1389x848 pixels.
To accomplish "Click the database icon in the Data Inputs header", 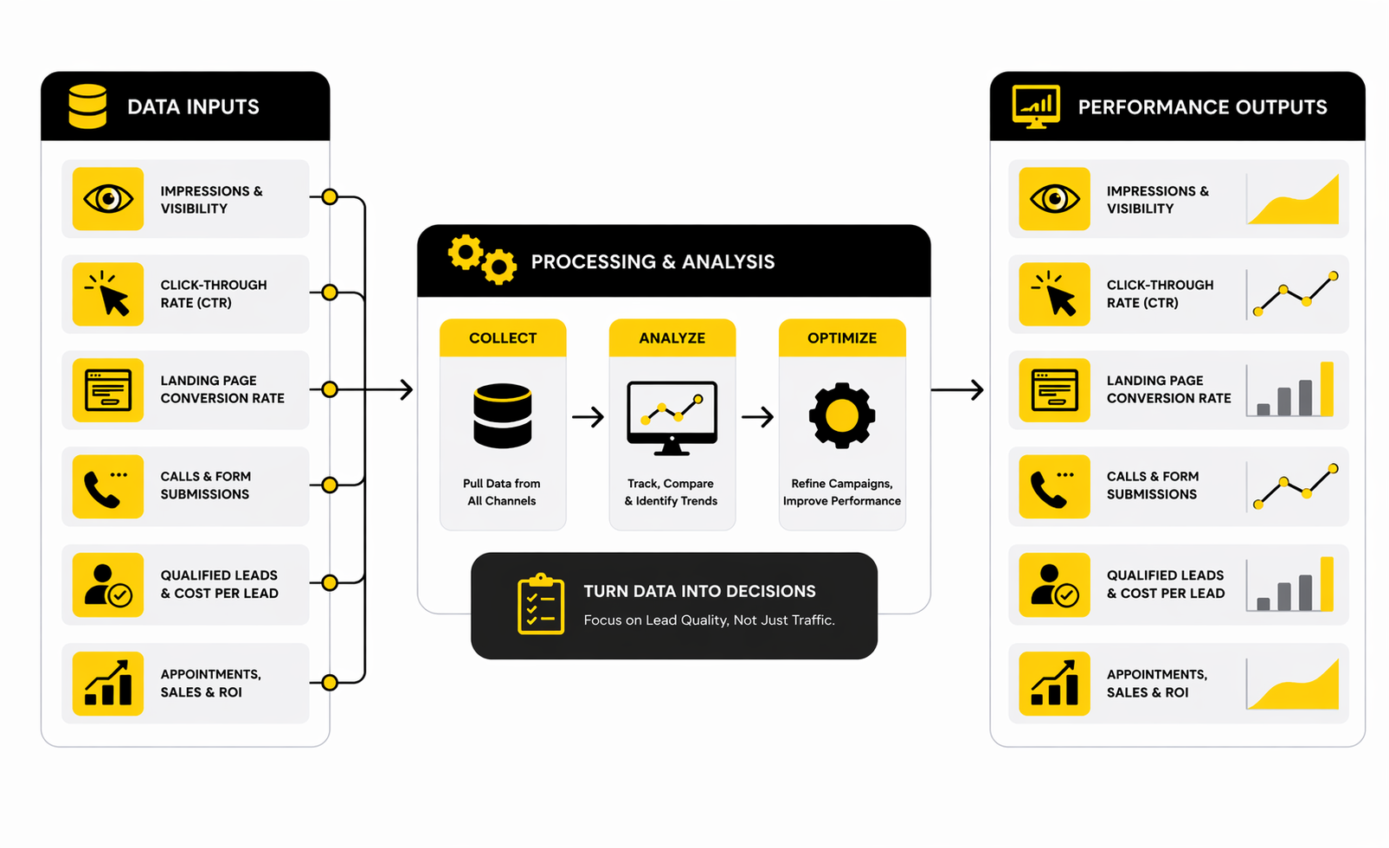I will (87, 106).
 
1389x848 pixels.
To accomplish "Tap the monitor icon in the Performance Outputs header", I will (1036, 106).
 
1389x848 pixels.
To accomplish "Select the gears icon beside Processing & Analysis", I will (482, 258).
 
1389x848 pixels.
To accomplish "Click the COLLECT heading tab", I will (503, 338).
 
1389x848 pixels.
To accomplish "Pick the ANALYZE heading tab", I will (672, 338).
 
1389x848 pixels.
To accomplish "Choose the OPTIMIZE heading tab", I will (842, 338).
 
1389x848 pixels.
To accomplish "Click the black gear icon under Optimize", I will (842, 416).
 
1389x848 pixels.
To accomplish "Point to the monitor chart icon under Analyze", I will (672, 417).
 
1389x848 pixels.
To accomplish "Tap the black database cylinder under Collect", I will (503, 416).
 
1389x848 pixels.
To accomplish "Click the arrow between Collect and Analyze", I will (588, 417).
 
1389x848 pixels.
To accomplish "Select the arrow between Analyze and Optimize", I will (757, 417).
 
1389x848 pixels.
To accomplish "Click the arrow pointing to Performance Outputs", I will (957, 390).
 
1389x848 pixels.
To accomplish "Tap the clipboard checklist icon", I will (541, 604).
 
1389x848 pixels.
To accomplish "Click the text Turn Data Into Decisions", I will (699, 591).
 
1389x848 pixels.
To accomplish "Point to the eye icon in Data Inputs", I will (108, 199).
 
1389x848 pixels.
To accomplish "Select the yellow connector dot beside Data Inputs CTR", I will (330, 292).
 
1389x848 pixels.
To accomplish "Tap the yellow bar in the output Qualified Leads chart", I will (1327, 584).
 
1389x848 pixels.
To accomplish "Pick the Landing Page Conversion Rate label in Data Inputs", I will (222, 389).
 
